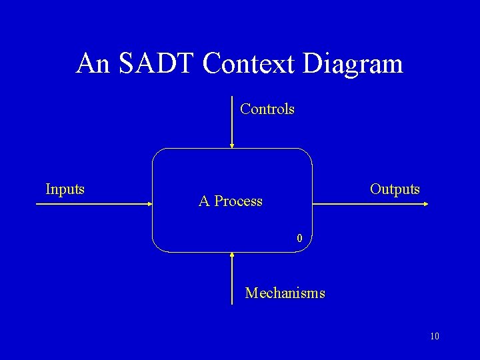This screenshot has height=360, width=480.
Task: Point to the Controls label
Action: pyautogui.click(x=267, y=109)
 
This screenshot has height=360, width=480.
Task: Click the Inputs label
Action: pyautogui.click(x=65, y=189)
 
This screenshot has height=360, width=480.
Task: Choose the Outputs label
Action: pyautogui.click(x=395, y=189)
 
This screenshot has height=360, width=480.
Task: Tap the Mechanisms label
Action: pyautogui.click(x=285, y=293)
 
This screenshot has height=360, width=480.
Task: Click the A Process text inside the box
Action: pyautogui.click(x=231, y=201)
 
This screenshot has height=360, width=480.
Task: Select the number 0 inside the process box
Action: pyautogui.click(x=300, y=238)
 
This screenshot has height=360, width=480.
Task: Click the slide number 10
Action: pyautogui.click(x=435, y=336)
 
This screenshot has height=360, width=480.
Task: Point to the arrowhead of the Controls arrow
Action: pyautogui.click(x=231, y=145)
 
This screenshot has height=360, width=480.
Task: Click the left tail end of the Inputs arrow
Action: pyautogui.click(x=37, y=205)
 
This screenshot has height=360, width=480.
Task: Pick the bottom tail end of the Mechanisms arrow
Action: pyautogui.click(x=231, y=303)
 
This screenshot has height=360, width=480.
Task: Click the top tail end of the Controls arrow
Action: pyautogui.click(x=231, y=98)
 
